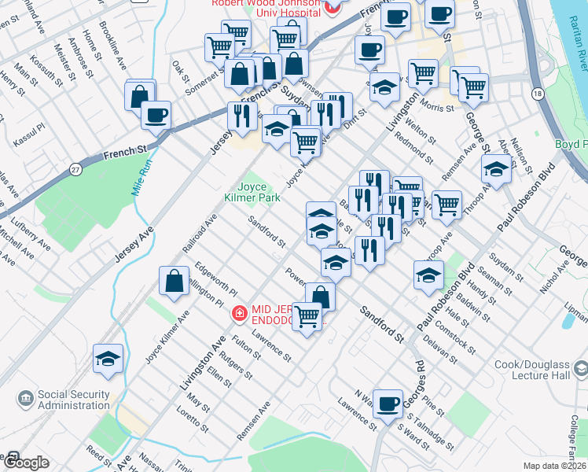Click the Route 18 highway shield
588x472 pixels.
click(537, 94)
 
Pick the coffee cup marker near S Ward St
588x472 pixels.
click(387, 404)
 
